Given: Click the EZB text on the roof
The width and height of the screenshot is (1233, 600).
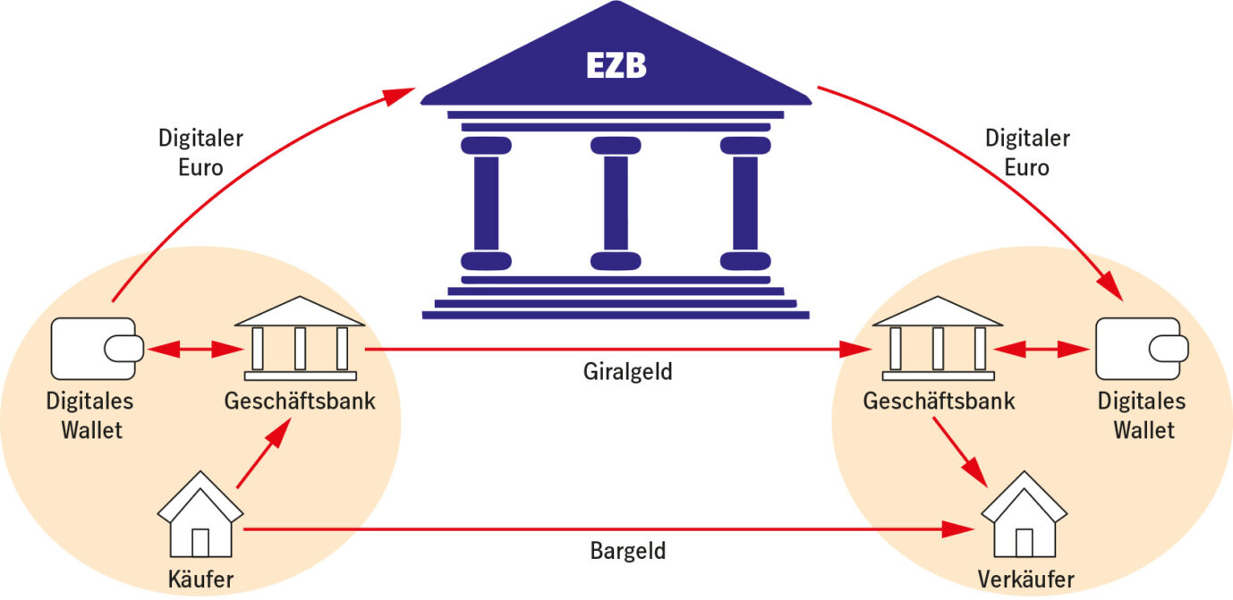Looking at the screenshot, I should pyautogui.click(x=616, y=66).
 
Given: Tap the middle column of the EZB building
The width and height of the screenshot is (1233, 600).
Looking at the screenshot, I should pyautogui.click(x=616, y=203).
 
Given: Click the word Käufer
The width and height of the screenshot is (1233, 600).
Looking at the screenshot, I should pyautogui.click(x=200, y=579).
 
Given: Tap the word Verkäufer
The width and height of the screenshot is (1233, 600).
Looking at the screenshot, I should pyautogui.click(x=1025, y=579).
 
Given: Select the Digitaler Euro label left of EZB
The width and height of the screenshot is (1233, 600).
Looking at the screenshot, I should pyautogui.click(x=200, y=153).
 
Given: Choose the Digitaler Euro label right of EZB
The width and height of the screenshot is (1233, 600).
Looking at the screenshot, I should pyautogui.click(x=1027, y=153).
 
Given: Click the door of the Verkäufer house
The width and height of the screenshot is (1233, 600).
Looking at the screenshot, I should pyautogui.click(x=1025, y=541).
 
